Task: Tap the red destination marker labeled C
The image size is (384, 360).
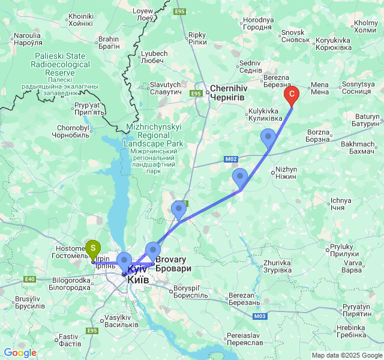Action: coord(292,94)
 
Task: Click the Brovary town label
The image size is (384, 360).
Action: coord(173,265)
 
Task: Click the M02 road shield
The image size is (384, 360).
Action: coord(233,159)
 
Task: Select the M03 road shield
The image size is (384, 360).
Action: coord(260,316)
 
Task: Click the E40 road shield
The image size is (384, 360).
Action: coord(30,278)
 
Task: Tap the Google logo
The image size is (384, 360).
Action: coord(20,353)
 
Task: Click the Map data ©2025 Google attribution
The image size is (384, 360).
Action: coord(346,355)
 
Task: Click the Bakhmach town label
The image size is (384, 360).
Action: coord(357,148)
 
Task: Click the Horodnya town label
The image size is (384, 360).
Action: coord(259,24)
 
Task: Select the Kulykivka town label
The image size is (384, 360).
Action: coord(263,115)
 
